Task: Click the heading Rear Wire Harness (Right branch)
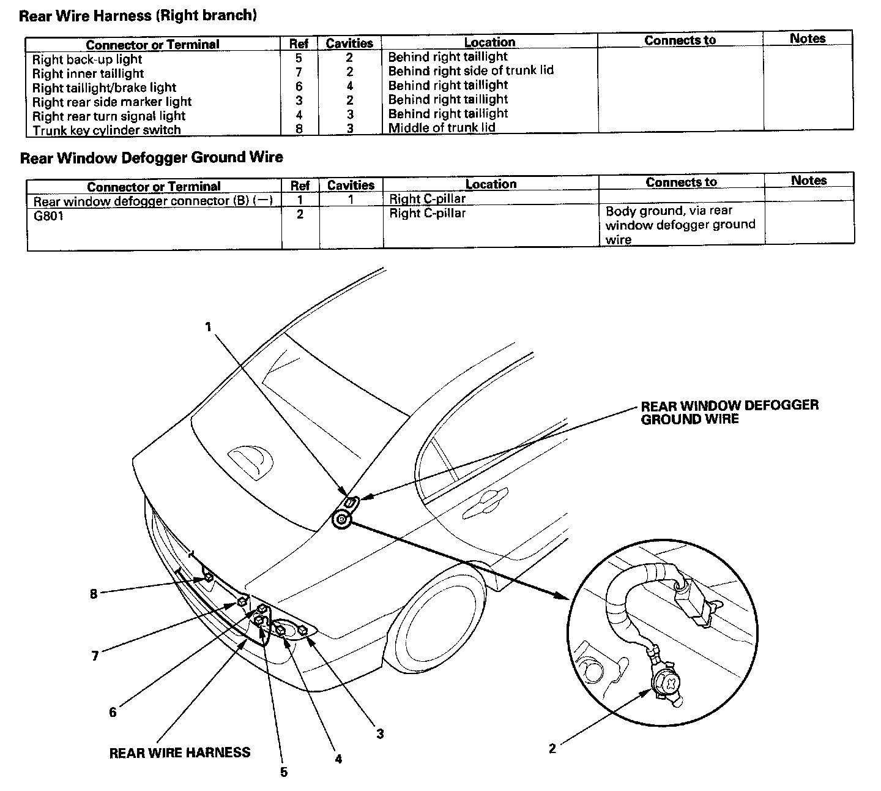(x=138, y=16)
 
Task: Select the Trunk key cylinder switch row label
(x=106, y=130)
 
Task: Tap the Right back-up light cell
(x=87, y=59)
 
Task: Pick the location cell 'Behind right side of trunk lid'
(x=470, y=70)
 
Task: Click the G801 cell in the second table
(x=48, y=216)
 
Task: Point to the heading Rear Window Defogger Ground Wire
(x=151, y=157)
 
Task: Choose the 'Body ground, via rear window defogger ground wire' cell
(x=680, y=225)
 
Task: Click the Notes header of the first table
(x=807, y=39)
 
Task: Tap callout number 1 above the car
(x=208, y=327)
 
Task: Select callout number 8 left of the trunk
(x=94, y=593)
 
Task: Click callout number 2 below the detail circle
(x=552, y=748)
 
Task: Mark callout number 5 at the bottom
(x=284, y=772)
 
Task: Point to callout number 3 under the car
(x=380, y=733)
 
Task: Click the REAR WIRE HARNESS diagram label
(x=179, y=752)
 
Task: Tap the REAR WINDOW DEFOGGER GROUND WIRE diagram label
(x=729, y=412)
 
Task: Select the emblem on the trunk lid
(x=251, y=459)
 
